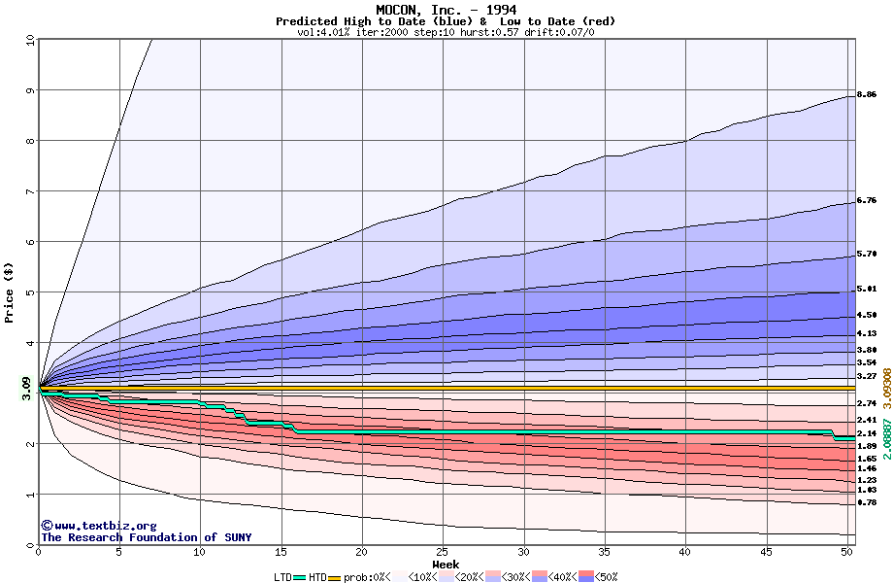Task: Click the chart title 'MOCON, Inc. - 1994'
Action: click(x=446, y=10)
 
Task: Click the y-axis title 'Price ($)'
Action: click(x=10, y=291)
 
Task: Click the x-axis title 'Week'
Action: click(x=446, y=564)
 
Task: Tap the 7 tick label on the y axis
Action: click(x=29, y=191)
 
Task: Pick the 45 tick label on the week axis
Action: click(x=767, y=552)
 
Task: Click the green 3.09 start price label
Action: click(x=27, y=388)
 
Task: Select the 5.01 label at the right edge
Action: click(x=868, y=290)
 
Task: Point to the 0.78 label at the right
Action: click(x=868, y=502)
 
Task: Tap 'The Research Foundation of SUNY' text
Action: click(x=146, y=537)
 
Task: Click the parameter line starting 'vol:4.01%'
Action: click(x=446, y=32)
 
